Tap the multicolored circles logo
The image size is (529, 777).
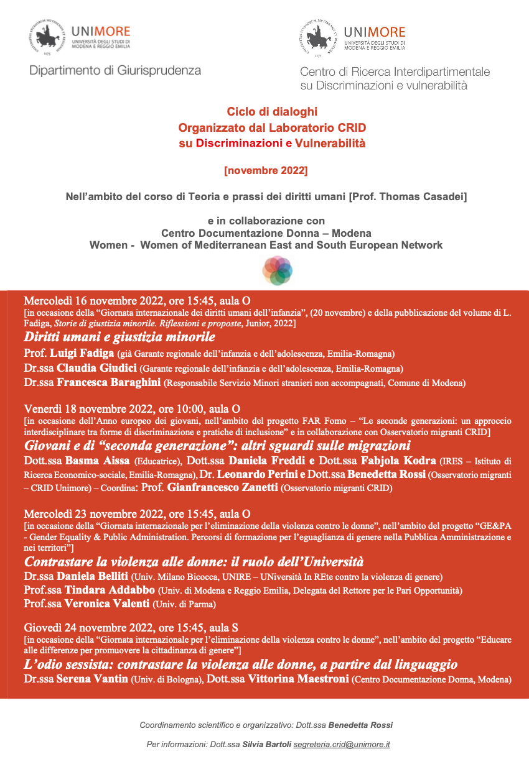click(277, 271)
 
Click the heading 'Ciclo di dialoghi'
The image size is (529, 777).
click(272, 112)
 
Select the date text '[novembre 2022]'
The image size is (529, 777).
click(266, 169)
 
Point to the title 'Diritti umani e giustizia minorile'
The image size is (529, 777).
click(119, 338)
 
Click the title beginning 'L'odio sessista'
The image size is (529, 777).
click(241, 664)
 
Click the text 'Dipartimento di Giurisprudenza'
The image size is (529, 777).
click(115, 71)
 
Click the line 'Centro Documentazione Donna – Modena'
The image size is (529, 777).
click(266, 233)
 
